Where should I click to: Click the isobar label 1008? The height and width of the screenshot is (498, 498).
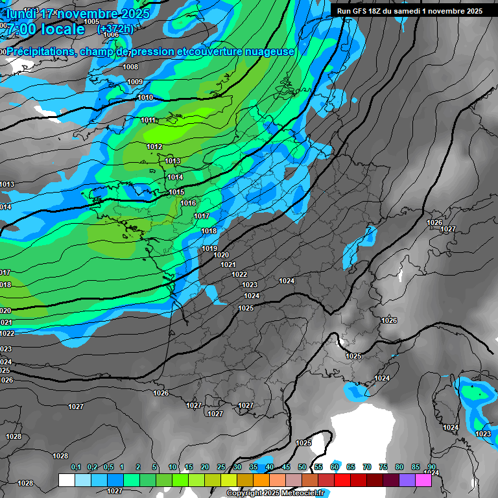[130, 67]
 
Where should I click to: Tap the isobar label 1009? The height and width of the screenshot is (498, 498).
[135, 82]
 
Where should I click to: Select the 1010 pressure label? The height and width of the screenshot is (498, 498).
[145, 97]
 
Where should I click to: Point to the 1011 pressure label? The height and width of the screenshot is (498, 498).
[148, 120]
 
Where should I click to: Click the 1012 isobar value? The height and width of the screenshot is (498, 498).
[154, 147]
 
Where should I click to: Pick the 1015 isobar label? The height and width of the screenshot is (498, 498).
[177, 192]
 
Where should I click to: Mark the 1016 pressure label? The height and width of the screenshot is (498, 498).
[188, 203]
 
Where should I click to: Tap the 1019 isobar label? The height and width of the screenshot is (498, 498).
[209, 248]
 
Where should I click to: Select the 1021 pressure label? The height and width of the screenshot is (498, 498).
[228, 265]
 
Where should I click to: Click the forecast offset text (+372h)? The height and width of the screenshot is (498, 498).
[115, 29]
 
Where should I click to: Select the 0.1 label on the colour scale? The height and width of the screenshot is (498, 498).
[76, 467]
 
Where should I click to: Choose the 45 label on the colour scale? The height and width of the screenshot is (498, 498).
[286, 467]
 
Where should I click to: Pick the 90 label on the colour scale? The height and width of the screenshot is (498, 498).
[432, 467]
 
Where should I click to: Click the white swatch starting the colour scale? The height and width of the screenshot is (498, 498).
[66, 480]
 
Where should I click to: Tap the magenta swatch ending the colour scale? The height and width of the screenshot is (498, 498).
[423, 480]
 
